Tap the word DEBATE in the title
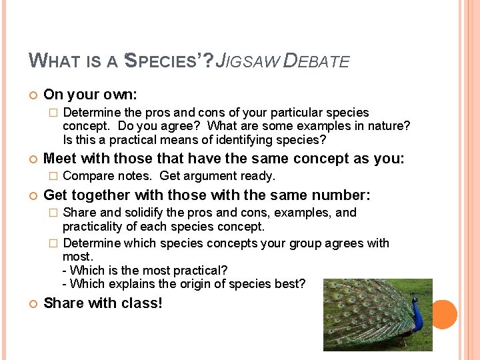point(317,61)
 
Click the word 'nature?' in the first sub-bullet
point(388,126)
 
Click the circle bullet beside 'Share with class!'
point(33,304)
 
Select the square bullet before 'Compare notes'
point(55,177)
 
